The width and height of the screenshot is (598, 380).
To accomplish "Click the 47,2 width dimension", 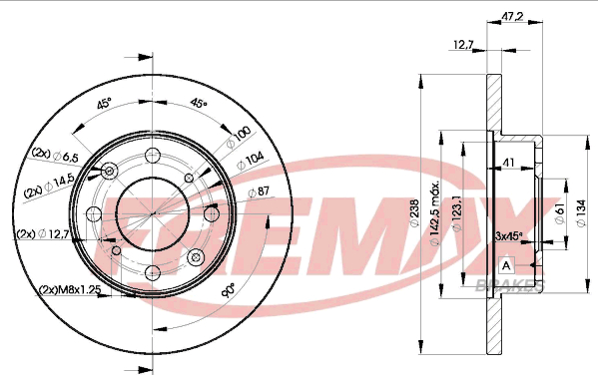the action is click(x=512, y=17).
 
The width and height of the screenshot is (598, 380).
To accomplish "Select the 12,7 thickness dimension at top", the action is click(x=463, y=45).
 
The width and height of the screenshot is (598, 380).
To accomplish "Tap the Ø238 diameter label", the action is click(x=414, y=213).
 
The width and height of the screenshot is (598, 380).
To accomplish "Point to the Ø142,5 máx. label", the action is click(x=434, y=213).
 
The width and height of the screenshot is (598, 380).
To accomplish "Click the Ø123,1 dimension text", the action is click(x=456, y=213).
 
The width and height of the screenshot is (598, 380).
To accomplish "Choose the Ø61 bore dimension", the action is click(x=560, y=213).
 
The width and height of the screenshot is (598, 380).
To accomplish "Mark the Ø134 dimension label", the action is click(x=581, y=213).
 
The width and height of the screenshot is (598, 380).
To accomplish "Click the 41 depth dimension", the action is click(x=509, y=163).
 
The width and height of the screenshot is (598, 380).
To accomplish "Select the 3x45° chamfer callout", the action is click(x=508, y=236).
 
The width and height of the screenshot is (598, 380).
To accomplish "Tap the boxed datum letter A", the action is click(x=506, y=265).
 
